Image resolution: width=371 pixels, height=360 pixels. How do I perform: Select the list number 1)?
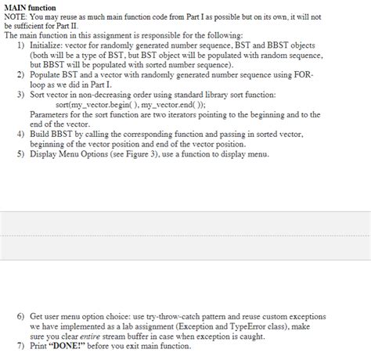21,46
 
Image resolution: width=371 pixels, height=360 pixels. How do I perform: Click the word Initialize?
47,46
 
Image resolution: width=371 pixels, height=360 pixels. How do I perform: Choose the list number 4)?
21,134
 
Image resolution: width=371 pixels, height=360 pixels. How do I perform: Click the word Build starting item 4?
41,134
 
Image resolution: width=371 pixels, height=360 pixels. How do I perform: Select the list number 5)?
21,153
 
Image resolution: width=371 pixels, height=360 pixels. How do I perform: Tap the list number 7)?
21,345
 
